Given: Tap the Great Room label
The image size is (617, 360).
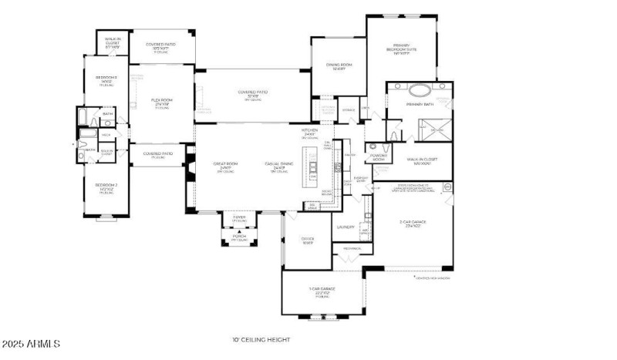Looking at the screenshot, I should (x=225, y=165).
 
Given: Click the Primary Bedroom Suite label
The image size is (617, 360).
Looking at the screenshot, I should (x=406, y=51).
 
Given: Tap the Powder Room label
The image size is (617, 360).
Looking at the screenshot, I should (x=379, y=156).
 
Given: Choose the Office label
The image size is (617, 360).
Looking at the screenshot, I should (x=308, y=241).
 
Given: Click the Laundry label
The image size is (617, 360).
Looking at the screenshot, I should (x=346, y=227).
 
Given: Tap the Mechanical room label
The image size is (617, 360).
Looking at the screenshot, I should (x=352, y=248).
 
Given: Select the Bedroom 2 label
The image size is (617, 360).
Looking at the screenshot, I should (x=106, y=187).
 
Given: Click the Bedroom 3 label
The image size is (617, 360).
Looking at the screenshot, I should (x=106, y=80).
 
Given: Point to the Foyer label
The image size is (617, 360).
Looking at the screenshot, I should (x=239, y=219).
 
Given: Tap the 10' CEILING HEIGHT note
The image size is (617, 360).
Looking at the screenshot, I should (x=258, y=339).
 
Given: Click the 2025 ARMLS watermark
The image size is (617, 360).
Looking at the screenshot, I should (x=31, y=343).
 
